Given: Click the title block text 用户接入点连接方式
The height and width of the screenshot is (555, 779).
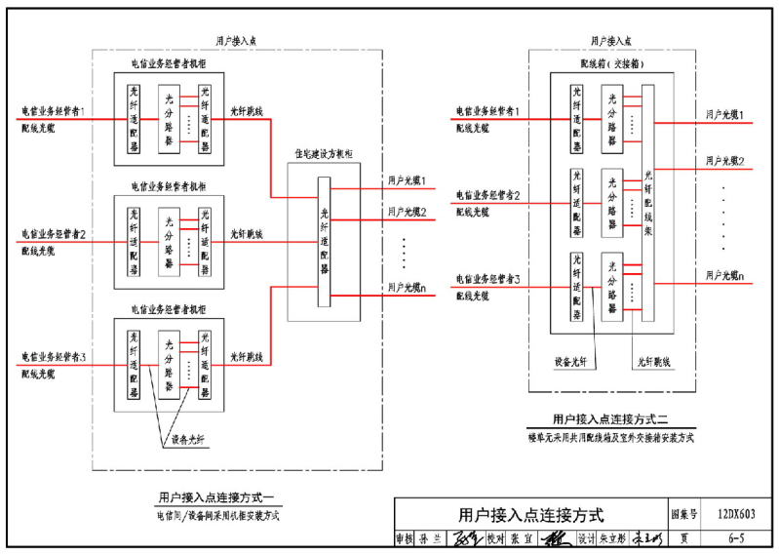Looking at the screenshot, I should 531,515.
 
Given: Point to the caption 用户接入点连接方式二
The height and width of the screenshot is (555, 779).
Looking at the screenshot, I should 609,420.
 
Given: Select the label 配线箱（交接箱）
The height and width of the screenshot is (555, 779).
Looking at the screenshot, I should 611,64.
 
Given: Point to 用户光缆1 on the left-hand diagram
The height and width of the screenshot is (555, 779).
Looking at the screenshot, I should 408,180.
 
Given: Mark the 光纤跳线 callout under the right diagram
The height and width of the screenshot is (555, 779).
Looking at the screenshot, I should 651,362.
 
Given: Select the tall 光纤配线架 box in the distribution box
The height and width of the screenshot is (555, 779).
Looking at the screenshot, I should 648,205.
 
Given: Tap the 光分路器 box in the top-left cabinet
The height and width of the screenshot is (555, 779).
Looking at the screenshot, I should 169,119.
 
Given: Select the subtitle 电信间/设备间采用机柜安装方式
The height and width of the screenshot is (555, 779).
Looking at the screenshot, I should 217,515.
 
